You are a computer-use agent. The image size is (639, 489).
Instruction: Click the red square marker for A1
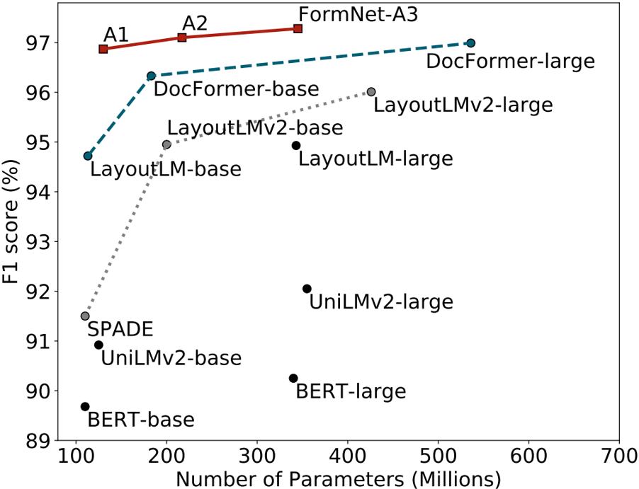tap(103, 49)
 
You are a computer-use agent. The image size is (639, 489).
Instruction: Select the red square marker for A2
tap(182, 37)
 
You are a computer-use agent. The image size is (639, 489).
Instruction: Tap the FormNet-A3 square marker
tap(298, 28)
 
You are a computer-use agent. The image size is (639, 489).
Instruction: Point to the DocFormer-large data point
tap(470, 43)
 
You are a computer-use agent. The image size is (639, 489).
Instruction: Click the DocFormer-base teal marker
tap(151, 76)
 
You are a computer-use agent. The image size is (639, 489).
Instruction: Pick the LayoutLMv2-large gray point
tap(371, 92)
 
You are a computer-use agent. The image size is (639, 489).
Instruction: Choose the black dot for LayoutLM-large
tap(296, 145)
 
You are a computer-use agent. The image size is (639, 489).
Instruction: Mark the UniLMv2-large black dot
tap(307, 289)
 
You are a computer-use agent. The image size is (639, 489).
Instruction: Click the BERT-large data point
tap(293, 378)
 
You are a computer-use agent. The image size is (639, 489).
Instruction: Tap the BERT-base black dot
tap(85, 406)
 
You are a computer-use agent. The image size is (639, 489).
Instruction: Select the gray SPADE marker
tap(85, 316)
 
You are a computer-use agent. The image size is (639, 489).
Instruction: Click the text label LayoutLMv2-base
tap(255, 128)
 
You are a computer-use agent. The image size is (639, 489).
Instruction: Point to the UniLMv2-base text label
tap(171, 358)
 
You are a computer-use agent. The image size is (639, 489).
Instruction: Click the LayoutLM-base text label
tap(166, 170)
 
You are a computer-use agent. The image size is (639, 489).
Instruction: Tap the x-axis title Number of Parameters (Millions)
tap(338, 478)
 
